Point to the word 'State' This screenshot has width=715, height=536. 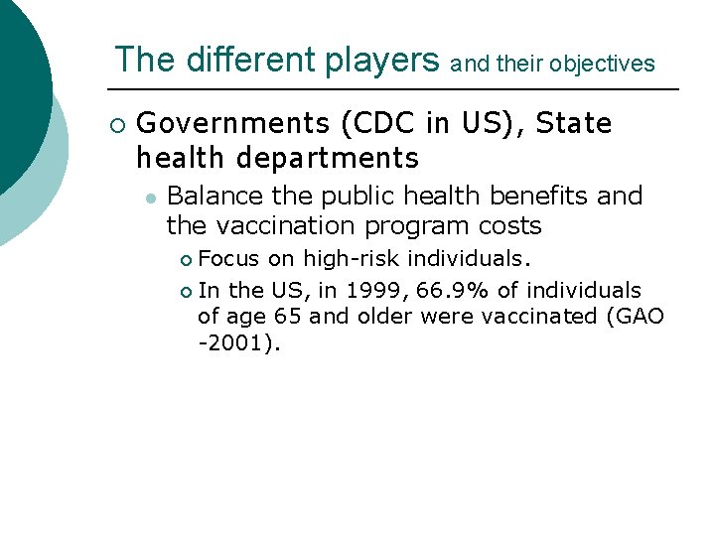[575, 124]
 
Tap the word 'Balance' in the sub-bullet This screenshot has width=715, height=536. [213, 196]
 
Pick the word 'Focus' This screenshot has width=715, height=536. [228, 260]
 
